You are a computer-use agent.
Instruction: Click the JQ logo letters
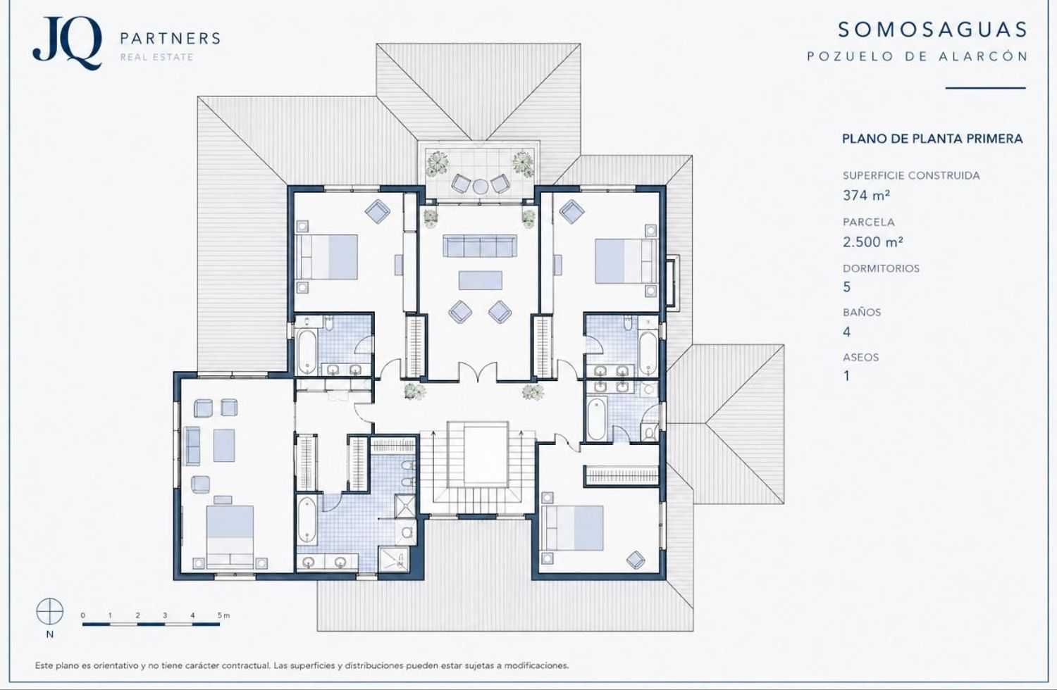click(x=67, y=42)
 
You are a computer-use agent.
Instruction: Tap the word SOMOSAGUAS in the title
click(x=932, y=30)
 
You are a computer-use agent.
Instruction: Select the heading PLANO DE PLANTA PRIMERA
click(x=932, y=139)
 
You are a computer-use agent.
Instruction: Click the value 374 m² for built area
click(x=866, y=195)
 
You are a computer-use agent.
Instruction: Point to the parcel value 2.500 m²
click(x=873, y=241)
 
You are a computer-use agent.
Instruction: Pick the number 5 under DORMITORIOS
click(x=847, y=287)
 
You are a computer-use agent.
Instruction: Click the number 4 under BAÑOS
click(x=847, y=332)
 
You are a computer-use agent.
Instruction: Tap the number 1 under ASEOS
click(x=846, y=376)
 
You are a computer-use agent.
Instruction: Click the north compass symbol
click(x=49, y=611)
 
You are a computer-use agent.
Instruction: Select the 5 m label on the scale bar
click(x=223, y=615)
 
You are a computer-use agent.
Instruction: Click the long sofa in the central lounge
click(x=479, y=246)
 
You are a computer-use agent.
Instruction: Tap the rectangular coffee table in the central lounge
click(x=481, y=280)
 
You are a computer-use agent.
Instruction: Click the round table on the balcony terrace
click(x=481, y=187)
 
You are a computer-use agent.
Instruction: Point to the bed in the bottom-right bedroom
click(x=572, y=528)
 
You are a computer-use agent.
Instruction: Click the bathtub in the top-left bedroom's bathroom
click(x=307, y=352)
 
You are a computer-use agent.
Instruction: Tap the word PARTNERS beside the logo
click(x=171, y=38)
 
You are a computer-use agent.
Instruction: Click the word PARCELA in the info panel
click(x=869, y=222)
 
